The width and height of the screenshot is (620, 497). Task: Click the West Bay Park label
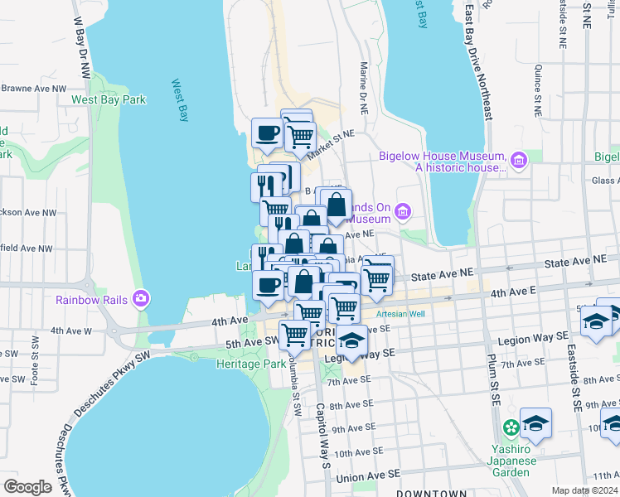(x=108, y=99)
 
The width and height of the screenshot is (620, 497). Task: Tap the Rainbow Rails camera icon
(x=142, y=297)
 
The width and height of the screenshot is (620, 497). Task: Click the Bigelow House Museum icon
(x=519, y=160)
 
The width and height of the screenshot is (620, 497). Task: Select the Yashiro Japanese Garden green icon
(x=511, y=427)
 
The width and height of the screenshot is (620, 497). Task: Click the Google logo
(x=27, y=487)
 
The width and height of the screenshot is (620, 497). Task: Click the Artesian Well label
(x=400, y=314)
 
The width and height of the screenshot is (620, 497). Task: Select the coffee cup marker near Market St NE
(x=267, y=134)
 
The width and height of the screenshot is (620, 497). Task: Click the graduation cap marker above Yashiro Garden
(x=535, y=424)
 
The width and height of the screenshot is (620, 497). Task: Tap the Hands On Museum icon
(x=404, y=212)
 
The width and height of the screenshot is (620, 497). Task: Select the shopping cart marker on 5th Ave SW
(x=295, y=335)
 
